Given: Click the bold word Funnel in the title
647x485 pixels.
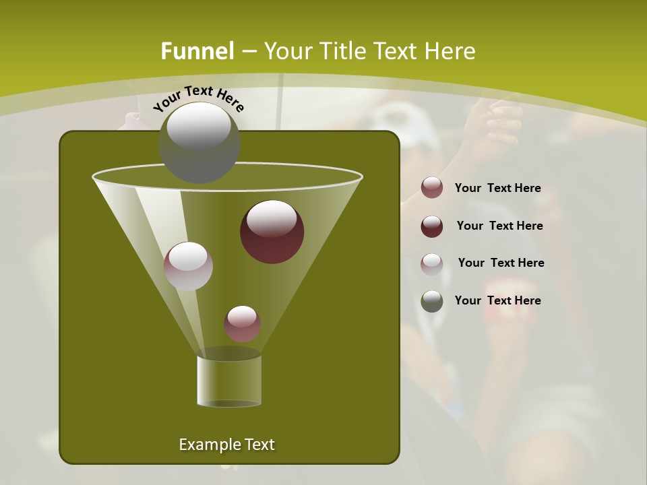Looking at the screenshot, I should tap(197, 51).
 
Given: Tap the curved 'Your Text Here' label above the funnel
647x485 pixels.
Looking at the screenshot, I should tap(199, 98).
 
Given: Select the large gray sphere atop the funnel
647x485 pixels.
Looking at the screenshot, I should tap(199, 142).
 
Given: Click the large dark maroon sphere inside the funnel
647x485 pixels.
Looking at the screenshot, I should tap(272, 232).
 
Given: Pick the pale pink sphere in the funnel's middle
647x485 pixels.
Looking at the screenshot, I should tap(189, 266).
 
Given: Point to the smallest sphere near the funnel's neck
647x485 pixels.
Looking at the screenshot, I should tap(243, 323).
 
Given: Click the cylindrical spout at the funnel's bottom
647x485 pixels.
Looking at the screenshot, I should tap(229, 381).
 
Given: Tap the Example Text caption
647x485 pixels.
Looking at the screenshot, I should tap(226, 445).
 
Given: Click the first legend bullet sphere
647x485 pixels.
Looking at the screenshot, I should tap(432, 188).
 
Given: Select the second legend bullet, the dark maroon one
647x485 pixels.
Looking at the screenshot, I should tap(432, 226).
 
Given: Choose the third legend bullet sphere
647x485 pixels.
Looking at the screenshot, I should tap(432, 263).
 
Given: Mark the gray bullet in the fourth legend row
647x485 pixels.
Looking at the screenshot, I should tap(432, 301).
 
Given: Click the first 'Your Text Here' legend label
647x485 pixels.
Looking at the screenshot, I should tap(497, 188).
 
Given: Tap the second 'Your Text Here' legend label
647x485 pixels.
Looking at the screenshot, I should tap(499, 226).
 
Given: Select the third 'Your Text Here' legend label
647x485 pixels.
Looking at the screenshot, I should tap(501, 263).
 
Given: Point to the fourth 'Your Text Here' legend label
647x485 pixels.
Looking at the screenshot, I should tap(497, 300).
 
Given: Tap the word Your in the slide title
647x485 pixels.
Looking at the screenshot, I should tap(285, 51).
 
